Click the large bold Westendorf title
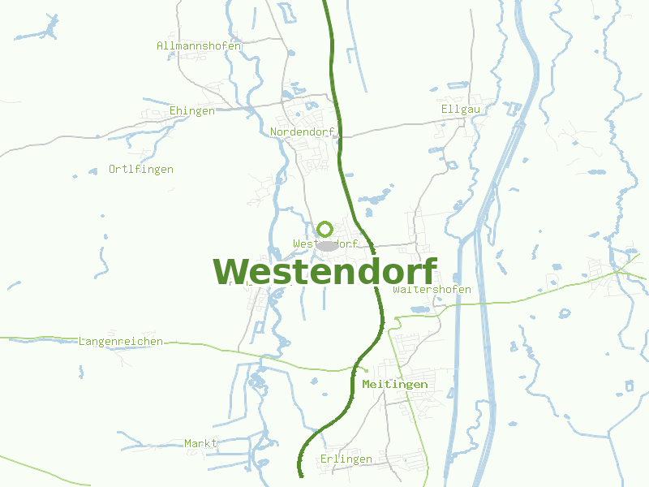(324, 272)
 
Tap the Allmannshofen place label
(199, 46)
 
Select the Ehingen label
(192, 111)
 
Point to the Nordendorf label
(302, 131)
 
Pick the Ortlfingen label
(141, 170)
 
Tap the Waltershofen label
(432, 290)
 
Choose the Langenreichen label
(121, 342)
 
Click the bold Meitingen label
(395, 384)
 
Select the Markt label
(201, 444)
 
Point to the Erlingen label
(346, 459)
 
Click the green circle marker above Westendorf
(324, 229)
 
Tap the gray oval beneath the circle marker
(326, 245)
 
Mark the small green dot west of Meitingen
(365, 370)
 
